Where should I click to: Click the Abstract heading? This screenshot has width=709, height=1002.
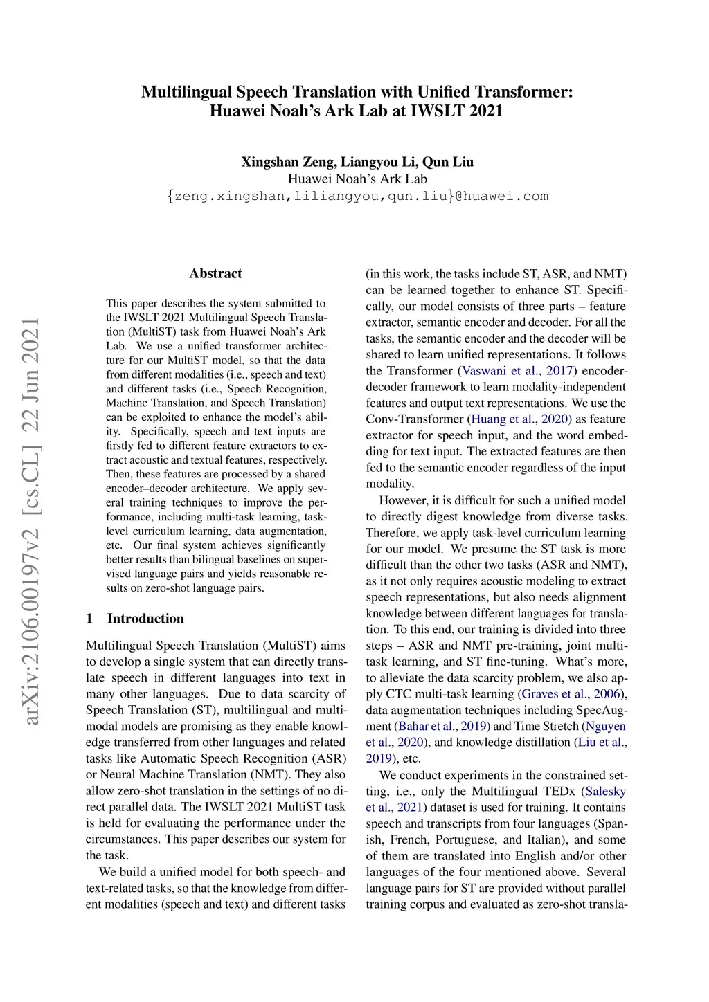pos(215,273)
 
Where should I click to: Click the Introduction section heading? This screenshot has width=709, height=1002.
pos(145,619)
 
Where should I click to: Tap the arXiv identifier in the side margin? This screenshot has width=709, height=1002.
pos(31,522)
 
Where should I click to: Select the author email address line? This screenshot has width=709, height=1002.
pos(357,196)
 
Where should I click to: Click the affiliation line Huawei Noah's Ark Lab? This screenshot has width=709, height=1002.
pos(357,179)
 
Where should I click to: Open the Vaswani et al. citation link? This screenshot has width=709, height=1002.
pos(499,371)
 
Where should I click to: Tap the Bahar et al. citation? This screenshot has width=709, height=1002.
pos(428,726)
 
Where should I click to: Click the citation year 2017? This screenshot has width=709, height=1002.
pos(559,371)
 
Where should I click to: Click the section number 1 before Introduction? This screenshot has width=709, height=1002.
pos(89,619)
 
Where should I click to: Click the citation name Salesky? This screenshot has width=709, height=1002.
pos(605,791)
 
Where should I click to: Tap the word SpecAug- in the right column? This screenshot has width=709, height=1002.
pos(600,710)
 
